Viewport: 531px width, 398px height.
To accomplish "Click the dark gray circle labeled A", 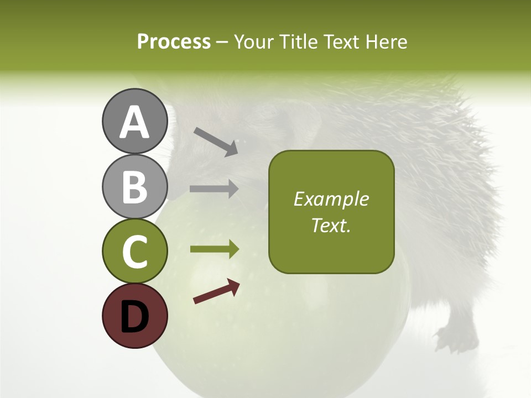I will tap(134, 121).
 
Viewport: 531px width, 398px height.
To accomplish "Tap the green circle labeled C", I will tap(134, 251).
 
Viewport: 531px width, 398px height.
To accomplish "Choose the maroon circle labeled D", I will tap(134, 316).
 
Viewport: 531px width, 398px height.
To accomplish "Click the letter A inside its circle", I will tap(134, 122).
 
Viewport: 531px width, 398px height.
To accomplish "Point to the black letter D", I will tap(134, 317).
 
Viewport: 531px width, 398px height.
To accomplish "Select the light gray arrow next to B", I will tap(214, 188).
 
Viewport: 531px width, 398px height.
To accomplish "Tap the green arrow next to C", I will tap(214, 249).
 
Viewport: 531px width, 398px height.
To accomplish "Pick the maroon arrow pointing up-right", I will tap(216, 292).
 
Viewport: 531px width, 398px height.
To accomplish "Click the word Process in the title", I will tap(174, 41).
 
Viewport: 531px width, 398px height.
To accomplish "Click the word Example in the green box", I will tap(331, 199).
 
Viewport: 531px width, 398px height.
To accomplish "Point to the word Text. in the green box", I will tap(331, 225).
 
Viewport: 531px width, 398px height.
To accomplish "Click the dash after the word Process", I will tap(222, 42).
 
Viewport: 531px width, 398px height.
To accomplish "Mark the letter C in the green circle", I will tap(134, 252).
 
